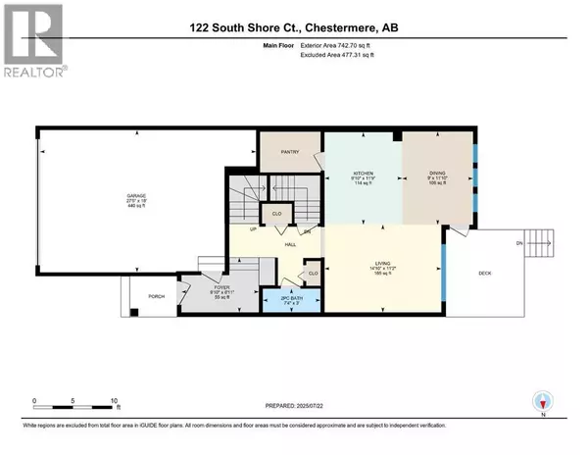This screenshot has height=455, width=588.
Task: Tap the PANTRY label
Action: point(289,152)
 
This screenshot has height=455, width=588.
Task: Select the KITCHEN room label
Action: point(362,173)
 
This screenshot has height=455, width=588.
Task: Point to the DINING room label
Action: point(436,173)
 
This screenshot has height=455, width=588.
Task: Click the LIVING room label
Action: point(382,264)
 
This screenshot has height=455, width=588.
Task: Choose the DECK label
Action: point(484,274)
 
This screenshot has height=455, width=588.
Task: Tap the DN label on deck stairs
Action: point(519,242)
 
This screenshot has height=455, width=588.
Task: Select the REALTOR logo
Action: point(33,39)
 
